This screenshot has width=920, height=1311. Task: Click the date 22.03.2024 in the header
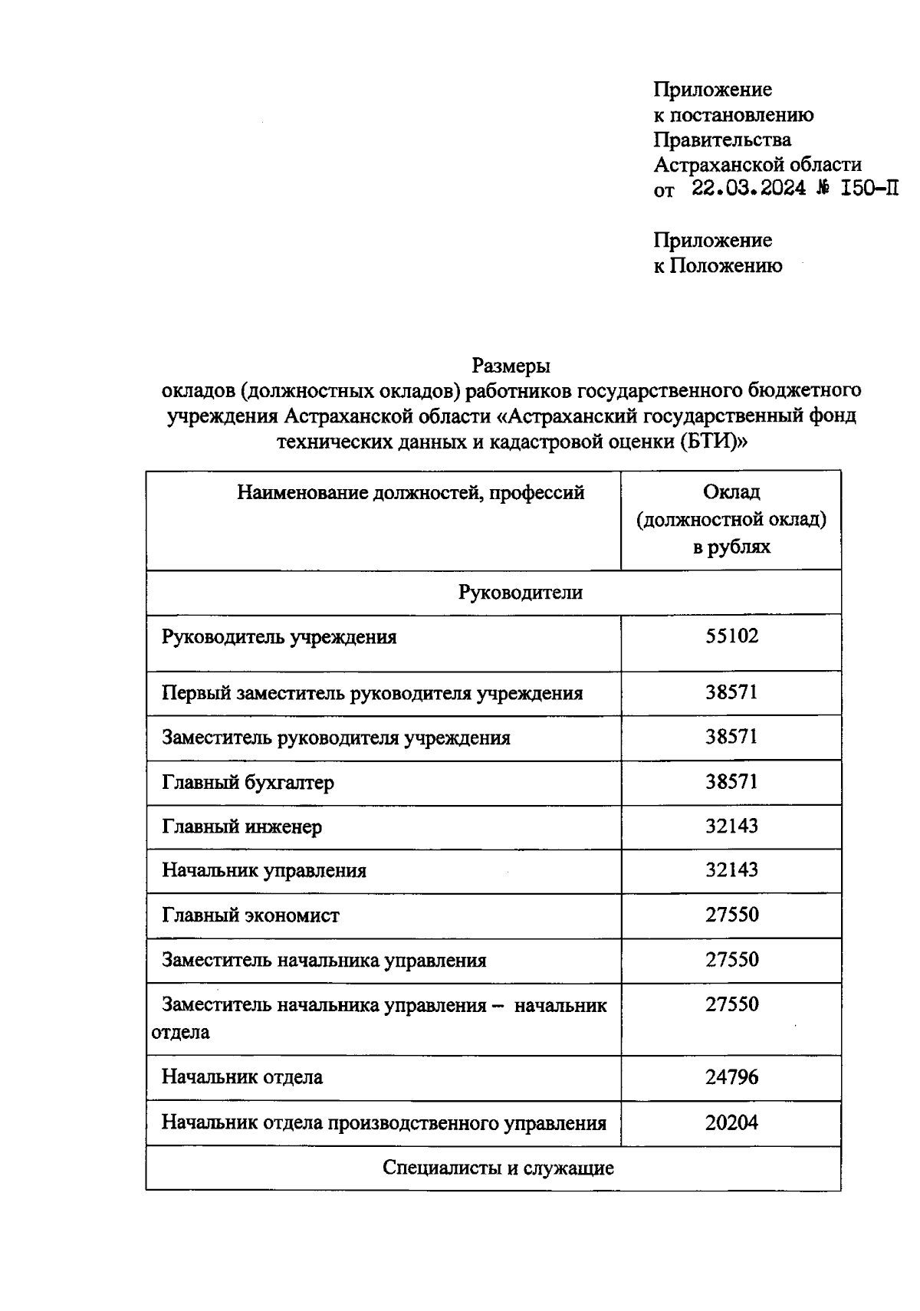point(748,189)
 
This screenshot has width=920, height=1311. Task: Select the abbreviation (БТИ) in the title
point(711,442)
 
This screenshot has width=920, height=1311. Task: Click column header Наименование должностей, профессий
point(410,492)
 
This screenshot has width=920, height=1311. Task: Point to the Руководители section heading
point(521,592)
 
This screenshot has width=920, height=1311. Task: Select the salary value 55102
point(731,636)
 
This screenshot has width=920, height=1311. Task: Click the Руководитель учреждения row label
point(279,637)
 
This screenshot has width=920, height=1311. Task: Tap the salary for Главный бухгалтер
point(731,781)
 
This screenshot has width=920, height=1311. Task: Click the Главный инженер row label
point(242,826)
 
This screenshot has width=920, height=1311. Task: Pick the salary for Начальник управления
point(731,870)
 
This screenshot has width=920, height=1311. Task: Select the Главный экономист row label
point(250,915)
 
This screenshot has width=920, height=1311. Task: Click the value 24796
point(731,1077)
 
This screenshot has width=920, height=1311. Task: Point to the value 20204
point(731,1122)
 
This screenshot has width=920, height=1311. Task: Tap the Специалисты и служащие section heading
point(498,1168)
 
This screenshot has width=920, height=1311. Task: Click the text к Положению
point(718,265)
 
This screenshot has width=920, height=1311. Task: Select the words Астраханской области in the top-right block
point(757,164)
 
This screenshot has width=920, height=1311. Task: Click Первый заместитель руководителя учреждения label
point(372,693)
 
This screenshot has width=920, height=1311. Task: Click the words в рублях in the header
point(731,547)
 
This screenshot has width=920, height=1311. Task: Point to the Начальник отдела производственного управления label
point(383,1123)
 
